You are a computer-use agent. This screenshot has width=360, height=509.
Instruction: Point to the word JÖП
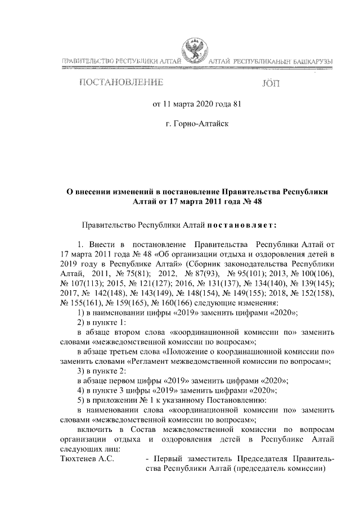(270, 84)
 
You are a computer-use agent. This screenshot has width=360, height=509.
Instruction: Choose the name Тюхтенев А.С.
(87, 459)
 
